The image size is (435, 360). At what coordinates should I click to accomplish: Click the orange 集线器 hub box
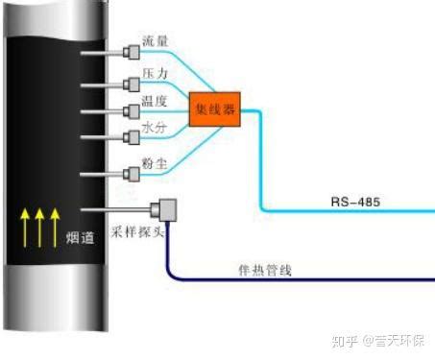[215, 109]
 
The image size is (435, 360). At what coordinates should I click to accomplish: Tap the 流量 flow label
[155, 41]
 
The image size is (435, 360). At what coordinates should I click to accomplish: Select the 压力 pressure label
[155, 73]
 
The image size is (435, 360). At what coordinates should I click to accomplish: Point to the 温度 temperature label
[155, 101]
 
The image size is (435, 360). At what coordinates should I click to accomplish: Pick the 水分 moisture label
[155, 128]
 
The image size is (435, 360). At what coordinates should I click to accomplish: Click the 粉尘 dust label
[155, 163]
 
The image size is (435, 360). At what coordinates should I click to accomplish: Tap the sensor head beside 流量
[132, 53]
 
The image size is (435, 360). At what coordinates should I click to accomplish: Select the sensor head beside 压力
[132, 84]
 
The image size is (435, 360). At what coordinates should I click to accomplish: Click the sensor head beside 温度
[132, 111]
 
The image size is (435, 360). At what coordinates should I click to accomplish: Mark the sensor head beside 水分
[132, 137]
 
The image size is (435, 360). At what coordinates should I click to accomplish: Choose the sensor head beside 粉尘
[132, 175]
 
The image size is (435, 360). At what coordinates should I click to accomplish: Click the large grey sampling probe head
[164, 210]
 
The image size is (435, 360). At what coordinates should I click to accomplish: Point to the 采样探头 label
[137, 231]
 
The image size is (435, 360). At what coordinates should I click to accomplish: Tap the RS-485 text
[355, 202]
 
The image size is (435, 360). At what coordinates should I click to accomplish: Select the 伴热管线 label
[265, 271]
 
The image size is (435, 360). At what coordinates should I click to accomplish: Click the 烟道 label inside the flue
[80, 238]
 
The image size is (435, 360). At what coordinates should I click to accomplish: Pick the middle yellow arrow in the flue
[39, 228]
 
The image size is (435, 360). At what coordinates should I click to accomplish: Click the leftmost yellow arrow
[25, 228]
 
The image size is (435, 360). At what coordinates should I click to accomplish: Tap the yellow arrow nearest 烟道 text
[55, 228]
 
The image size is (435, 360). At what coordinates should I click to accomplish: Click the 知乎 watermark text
[345, 341]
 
